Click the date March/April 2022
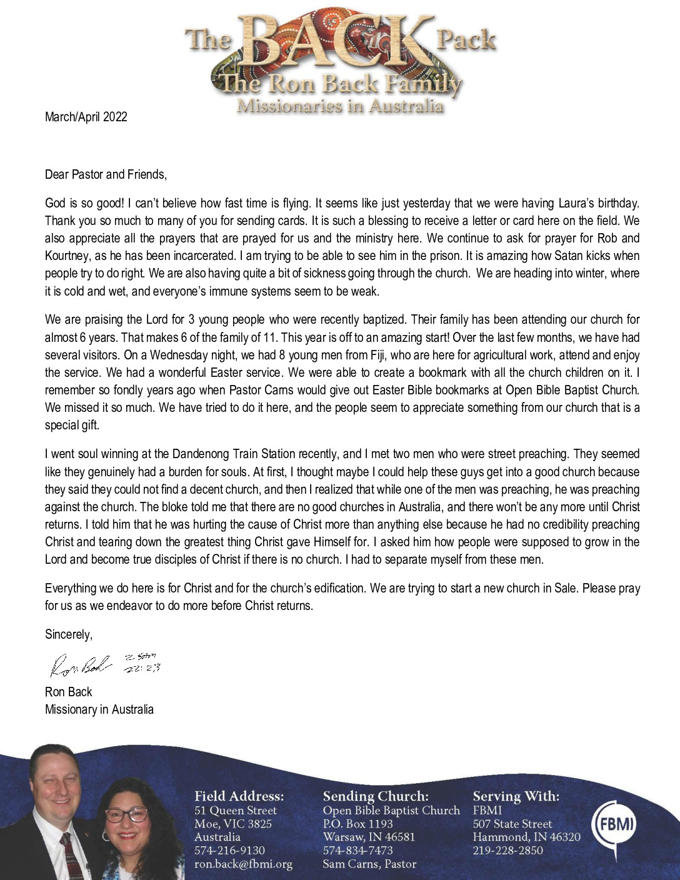[86, 117]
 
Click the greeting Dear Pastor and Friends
[106, 174]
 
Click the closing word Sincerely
[68, 634]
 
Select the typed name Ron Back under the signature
[68, 692]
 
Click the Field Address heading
[239, 796]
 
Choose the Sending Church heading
[376, 796]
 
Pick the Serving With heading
[516, 796]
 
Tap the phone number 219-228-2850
[507, 851]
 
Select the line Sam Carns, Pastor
[369, 864]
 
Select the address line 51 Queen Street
[235, 811]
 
